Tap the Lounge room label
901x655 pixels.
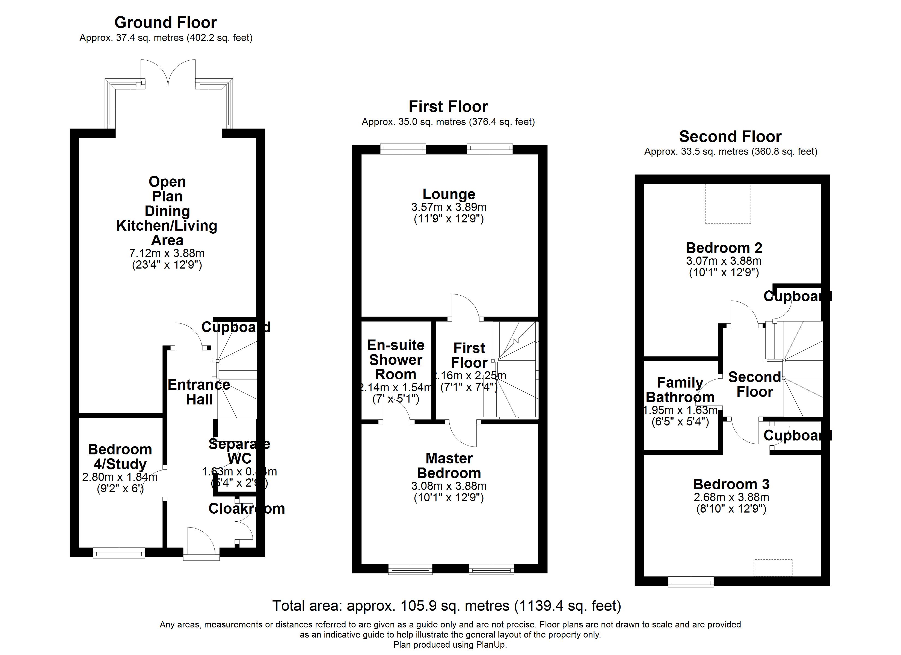449,194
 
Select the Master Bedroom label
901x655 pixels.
449,466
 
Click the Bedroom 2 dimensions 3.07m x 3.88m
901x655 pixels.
724,261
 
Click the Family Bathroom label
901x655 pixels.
680,390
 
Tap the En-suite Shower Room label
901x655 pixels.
395,359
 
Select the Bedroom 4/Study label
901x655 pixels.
120,456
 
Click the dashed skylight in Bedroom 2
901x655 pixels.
728,204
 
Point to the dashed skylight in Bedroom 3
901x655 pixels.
773,568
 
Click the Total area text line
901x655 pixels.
446,606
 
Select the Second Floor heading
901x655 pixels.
730,137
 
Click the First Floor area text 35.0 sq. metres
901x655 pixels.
448,122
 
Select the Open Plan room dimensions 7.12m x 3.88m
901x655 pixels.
167,253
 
